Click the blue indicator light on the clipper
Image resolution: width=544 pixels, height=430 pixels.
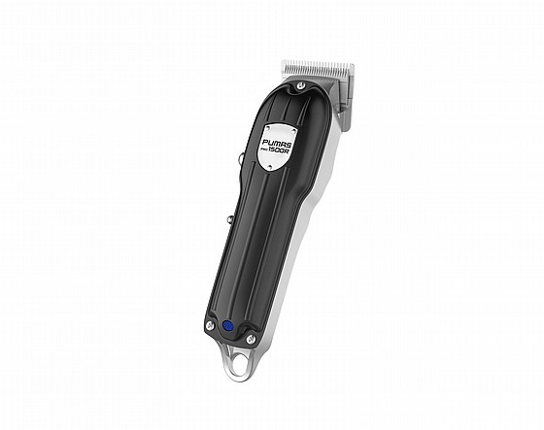pos(227,325)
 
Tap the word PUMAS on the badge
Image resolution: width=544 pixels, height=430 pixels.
pos(277,143)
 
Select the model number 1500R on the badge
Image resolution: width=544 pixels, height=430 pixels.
pos(281,149)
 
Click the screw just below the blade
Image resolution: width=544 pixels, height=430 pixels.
pos(301,83)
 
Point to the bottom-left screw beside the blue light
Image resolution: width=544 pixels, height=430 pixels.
pos(209,325)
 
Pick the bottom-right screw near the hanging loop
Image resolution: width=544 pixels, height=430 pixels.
pos(250,339)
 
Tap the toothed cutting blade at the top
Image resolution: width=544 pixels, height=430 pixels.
pos(318,68)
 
